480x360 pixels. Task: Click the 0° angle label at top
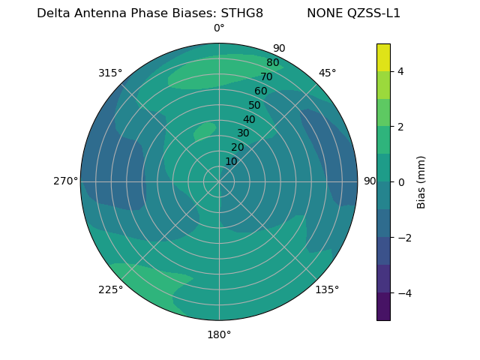(219, 28)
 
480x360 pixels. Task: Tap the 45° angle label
(327, 73)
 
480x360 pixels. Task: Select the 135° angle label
(327, 289)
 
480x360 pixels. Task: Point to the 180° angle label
(219, 334)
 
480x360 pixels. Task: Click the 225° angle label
(110, 290)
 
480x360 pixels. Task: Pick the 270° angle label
(65, 181)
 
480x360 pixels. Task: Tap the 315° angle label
(110, 73)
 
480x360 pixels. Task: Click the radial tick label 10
(231, 161)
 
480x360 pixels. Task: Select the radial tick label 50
(255, 106)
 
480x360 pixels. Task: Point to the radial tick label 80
(273, 63)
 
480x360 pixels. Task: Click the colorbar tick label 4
(401, 71)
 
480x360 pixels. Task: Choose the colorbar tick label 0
(401, 181)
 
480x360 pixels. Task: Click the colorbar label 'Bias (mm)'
(421, 181)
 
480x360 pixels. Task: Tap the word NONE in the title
(323, 13)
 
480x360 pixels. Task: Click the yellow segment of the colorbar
(383, 57)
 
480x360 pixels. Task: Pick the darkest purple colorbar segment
(383, 306)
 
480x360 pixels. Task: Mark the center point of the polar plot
(219, 181)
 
